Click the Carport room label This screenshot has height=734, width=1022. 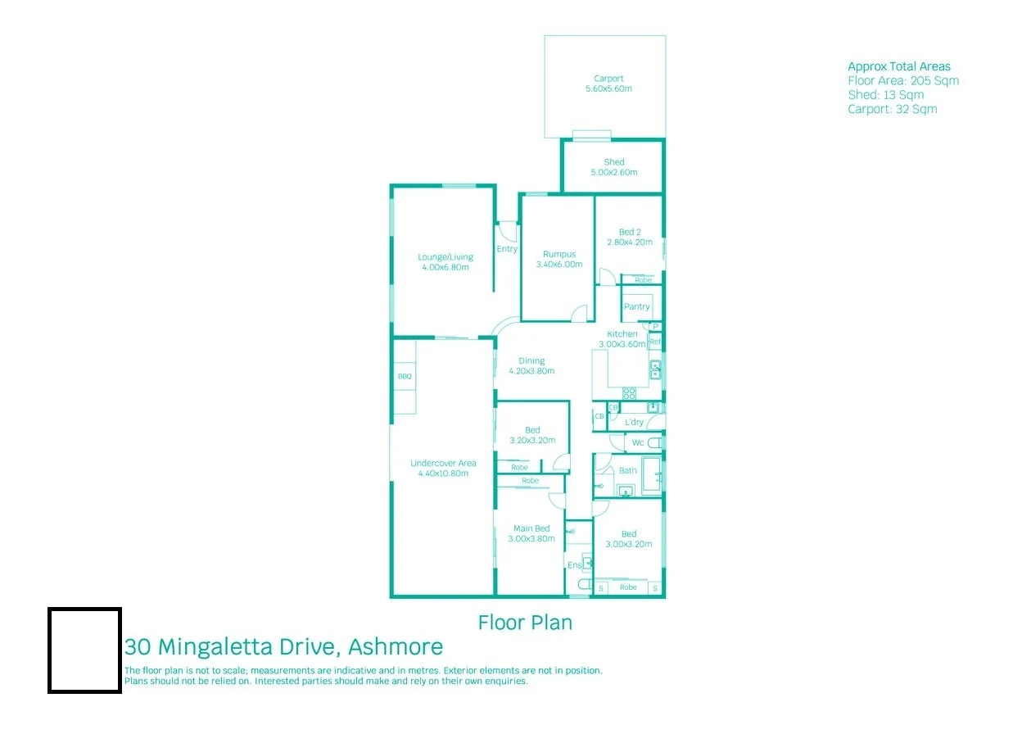(608, 79)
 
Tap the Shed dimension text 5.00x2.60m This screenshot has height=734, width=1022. (613, 173)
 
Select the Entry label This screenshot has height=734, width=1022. (507, 249)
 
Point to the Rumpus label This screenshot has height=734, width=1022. (559, 254)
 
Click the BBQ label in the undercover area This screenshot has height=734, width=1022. (405, 377)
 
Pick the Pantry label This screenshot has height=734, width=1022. (636, 306)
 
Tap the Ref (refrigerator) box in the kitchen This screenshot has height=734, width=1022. (655, 341)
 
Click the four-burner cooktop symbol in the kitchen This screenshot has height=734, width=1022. (629, 392)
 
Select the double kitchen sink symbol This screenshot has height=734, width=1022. (655, 370)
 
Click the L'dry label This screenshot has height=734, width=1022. (634, 422)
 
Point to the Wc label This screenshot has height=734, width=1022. (638, 444)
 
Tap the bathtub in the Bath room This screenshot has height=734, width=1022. (652, 475)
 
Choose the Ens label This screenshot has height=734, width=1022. (574, 565)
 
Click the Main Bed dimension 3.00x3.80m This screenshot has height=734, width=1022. (531, 538)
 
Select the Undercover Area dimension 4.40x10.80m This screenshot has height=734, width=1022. (443, 473)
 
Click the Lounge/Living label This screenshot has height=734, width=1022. (445, 257)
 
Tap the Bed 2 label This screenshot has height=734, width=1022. (630, 232)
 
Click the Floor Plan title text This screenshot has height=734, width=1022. (525, 623)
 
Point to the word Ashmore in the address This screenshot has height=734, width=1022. (396, 647)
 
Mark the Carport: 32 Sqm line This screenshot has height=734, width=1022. (892, 109)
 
